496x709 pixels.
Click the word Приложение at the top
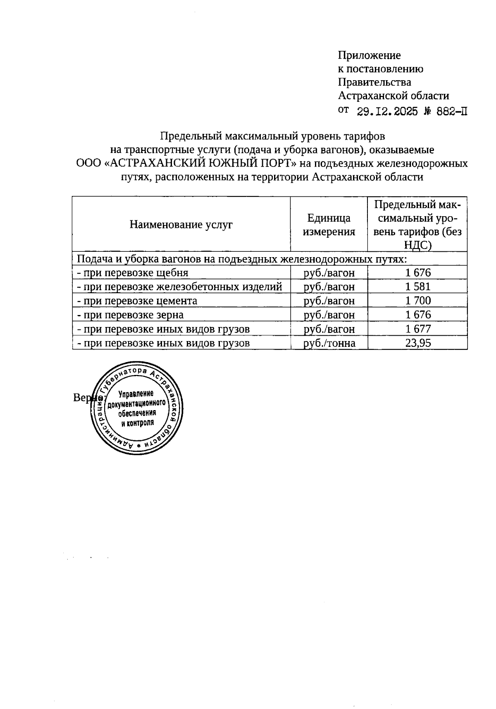click(369, 55)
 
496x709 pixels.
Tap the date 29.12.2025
click(387, 111)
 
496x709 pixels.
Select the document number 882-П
click(448, 111)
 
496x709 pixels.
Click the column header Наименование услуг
click(181, 224)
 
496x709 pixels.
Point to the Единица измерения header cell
click(329, 224)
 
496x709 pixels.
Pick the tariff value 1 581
click(418, 286)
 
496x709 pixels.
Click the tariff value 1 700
click(418, 301)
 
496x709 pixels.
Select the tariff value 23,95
click(418, 343)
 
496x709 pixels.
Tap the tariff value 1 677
click(418, 329)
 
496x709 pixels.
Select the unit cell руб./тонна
click(329, 343)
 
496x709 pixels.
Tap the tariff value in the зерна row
click(418, 315)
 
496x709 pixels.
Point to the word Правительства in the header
click(374, 82)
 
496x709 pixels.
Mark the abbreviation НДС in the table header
click(418, 246)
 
